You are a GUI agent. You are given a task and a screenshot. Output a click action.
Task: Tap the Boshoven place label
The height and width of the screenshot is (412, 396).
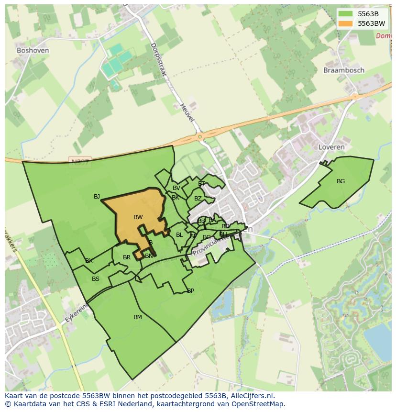33,50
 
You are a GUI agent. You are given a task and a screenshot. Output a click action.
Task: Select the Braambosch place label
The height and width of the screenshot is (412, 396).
343,70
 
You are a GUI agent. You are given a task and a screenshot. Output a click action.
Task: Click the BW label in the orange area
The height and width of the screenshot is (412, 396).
138,217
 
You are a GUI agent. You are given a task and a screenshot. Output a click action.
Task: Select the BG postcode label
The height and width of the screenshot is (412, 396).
341,181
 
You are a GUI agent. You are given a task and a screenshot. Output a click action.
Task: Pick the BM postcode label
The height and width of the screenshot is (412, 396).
138,317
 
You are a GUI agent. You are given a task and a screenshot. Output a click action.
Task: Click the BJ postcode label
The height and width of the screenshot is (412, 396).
97,197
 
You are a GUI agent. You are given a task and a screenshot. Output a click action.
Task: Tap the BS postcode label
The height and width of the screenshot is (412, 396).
96,279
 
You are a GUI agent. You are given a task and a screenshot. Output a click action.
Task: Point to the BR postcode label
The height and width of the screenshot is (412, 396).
127,257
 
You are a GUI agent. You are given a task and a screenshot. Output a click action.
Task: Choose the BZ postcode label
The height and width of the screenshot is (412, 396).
198,199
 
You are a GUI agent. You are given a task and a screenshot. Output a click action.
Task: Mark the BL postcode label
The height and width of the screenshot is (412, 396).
179,235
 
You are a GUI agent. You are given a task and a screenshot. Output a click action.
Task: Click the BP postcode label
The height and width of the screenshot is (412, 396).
190,291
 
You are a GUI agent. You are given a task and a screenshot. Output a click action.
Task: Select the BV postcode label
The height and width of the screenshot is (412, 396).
176,188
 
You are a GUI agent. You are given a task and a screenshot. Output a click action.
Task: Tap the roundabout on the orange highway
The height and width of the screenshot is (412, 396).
199,137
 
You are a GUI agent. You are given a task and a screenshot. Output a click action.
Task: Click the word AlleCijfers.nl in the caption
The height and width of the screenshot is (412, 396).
252,396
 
